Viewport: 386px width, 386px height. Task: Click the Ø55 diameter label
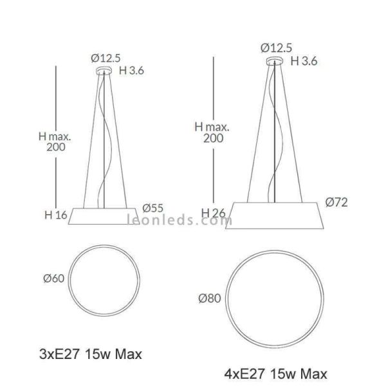pos(152,208)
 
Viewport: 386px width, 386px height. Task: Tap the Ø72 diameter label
pos(336,203)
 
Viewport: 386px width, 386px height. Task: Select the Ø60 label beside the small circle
pos(53,279)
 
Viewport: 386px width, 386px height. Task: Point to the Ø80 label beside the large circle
pos(210,299)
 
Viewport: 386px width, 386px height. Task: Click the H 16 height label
pos(56,215)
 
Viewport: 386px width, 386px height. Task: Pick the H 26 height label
pos(213,213)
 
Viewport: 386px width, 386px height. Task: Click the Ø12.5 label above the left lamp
pos(106,59)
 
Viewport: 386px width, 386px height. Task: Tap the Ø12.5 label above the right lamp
pos(276,48)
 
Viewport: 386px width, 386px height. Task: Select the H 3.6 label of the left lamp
pos(131,71)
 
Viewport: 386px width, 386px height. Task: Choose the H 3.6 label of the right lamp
pos(304,61)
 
